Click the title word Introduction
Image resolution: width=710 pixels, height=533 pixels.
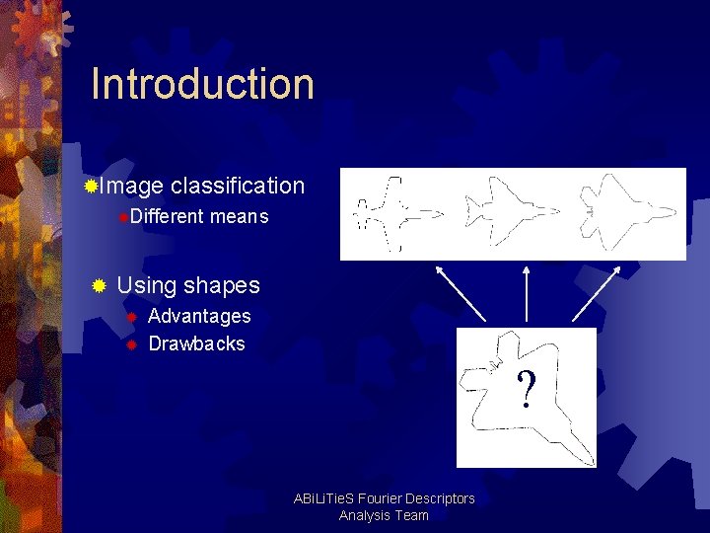pos(202,84)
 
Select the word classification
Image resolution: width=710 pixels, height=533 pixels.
pos(238,186)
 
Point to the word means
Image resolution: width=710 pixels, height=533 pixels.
pos(240,216)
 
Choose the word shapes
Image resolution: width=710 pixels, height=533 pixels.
pos(222,285)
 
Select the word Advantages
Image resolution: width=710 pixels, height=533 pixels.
pos(199,316)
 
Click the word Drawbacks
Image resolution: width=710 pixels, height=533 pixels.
pos(196,343)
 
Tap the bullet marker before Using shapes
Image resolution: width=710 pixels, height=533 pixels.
pos(98,286)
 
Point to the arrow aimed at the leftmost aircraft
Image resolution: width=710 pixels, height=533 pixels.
pos(461,293)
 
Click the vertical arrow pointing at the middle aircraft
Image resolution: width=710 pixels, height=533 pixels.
pos(527,293)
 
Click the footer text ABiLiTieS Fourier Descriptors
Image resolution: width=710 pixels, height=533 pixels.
pos(384,498)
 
